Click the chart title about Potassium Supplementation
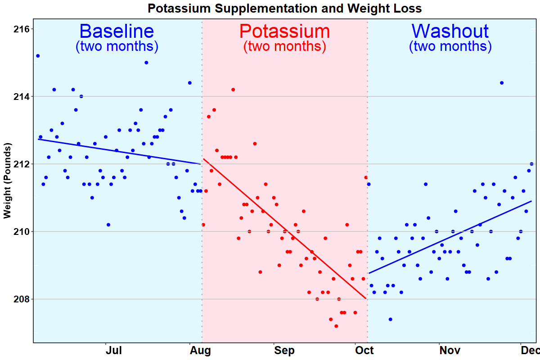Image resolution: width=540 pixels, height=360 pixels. pos(284,9)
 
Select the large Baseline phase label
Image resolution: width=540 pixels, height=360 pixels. pos(117,31)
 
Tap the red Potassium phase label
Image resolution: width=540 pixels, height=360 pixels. pos(284,31)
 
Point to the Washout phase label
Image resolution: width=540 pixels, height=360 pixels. pos(450,31)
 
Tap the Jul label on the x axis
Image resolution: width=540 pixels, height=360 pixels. pos(113,351)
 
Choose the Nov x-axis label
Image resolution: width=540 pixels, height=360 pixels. pos(450,351)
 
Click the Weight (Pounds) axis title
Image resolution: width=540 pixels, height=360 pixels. pos(8,181)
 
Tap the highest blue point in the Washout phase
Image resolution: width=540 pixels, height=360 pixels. pos(502,83)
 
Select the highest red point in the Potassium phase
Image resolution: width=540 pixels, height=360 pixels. pos(233,90)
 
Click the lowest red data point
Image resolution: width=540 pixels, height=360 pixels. pos(336,326)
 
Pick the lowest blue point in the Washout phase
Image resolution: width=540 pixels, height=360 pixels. pos(390,319)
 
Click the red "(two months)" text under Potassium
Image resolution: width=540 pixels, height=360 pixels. pos(284,46)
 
